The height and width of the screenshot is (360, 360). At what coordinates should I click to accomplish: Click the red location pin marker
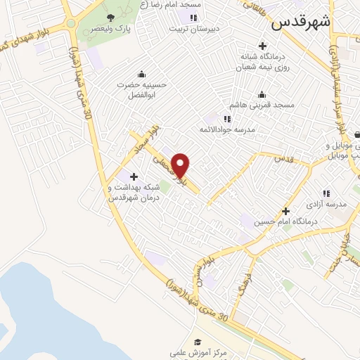point(181,165)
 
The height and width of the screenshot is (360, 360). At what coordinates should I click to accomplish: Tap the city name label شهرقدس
point(301,22)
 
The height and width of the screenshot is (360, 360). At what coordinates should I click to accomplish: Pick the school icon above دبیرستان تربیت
point(192,18)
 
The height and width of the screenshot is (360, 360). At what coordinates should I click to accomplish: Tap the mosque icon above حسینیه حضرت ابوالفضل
point(142,75)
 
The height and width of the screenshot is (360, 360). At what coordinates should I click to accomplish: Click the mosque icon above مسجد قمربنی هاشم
point(262,94)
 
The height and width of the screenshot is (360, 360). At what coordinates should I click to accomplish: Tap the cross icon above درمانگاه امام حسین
point(285,211)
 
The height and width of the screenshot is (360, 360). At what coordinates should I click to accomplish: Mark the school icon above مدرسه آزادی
point(326,193)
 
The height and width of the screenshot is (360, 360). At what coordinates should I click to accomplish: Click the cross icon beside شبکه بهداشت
point(134,175)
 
